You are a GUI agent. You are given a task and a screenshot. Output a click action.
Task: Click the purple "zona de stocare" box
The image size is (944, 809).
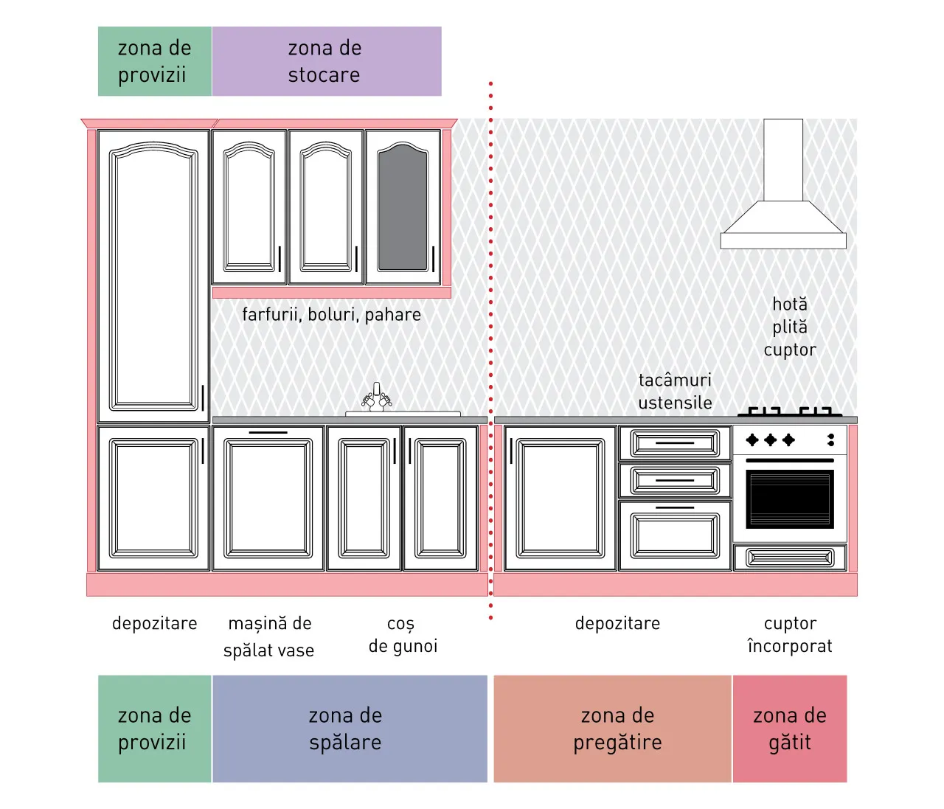[327, 61]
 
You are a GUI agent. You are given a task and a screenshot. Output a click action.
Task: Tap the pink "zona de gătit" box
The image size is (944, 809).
[790, 729]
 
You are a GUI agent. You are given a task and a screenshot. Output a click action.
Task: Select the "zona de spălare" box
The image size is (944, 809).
[350, 729]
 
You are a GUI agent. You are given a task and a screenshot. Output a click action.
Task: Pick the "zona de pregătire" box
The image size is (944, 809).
[612, 729]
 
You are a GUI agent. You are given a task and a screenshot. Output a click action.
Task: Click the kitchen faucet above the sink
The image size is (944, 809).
[377, 397]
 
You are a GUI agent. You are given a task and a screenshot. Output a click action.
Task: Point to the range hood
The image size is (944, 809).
[783, 184]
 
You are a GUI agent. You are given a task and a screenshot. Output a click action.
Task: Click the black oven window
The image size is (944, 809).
[790, 499]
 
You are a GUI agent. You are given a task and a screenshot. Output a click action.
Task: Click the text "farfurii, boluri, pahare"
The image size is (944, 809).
[332, 315]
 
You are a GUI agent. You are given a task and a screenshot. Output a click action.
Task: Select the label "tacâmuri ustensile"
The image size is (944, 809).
[675, 392]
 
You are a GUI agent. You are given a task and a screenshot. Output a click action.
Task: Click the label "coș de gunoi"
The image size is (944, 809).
[403, 635]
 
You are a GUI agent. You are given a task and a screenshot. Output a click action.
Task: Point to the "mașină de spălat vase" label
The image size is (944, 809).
[269, 636]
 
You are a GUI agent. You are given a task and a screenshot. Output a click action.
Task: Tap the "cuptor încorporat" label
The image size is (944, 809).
[790, 635]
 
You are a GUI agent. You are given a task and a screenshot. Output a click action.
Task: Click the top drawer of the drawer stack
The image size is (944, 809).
[675, 443]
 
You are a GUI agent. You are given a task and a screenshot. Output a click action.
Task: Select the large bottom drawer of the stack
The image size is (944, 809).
[675, 535]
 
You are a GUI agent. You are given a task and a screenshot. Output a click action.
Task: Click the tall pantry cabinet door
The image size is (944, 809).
[154, 276]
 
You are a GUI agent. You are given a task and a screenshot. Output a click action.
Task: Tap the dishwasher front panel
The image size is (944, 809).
[268, 499]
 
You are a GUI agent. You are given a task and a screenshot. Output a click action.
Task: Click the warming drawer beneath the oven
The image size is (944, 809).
[790, 558]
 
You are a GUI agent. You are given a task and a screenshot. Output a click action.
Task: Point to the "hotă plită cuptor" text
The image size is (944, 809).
[790, 327]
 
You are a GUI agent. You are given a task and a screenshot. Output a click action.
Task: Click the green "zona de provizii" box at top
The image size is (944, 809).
[155, 61]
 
